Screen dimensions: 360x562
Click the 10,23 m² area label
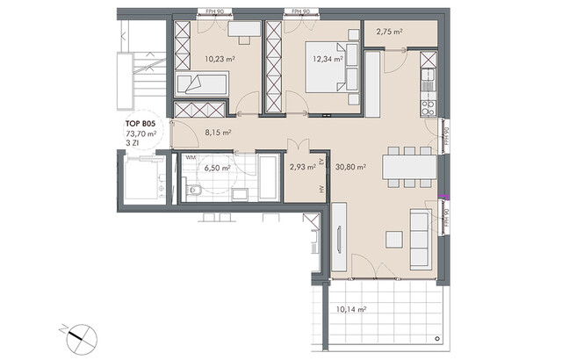[x=219, y=60]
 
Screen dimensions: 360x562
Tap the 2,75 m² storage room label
[x=389, y=32]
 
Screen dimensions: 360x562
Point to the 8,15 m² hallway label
[x=218, y=133]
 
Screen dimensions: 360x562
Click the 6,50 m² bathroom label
[x=218, y=167]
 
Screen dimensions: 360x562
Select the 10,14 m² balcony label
[x=351, y=310]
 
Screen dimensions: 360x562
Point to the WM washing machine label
[x=190, y=158]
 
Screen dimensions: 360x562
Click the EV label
[x=321, y=162]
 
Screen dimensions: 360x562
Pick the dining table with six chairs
[x=410, y=166]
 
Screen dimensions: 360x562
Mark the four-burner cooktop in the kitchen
[x=429, y=108]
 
